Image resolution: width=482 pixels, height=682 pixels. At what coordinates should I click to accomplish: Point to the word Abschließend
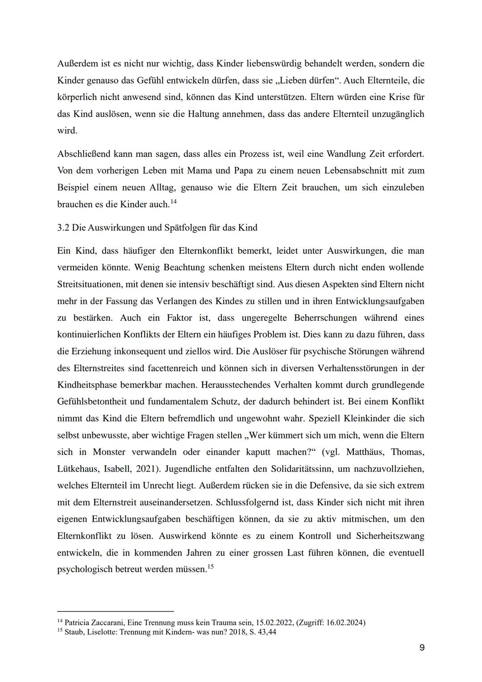pos(83,154)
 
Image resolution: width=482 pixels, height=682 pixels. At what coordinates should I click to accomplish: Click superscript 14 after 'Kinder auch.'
pos(174,202)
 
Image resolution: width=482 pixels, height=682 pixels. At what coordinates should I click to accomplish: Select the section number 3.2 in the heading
pos(63,228)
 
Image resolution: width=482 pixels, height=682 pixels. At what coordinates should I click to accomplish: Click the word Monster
pos(109,452)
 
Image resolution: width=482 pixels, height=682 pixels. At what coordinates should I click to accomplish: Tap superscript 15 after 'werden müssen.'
pos(211,567)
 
